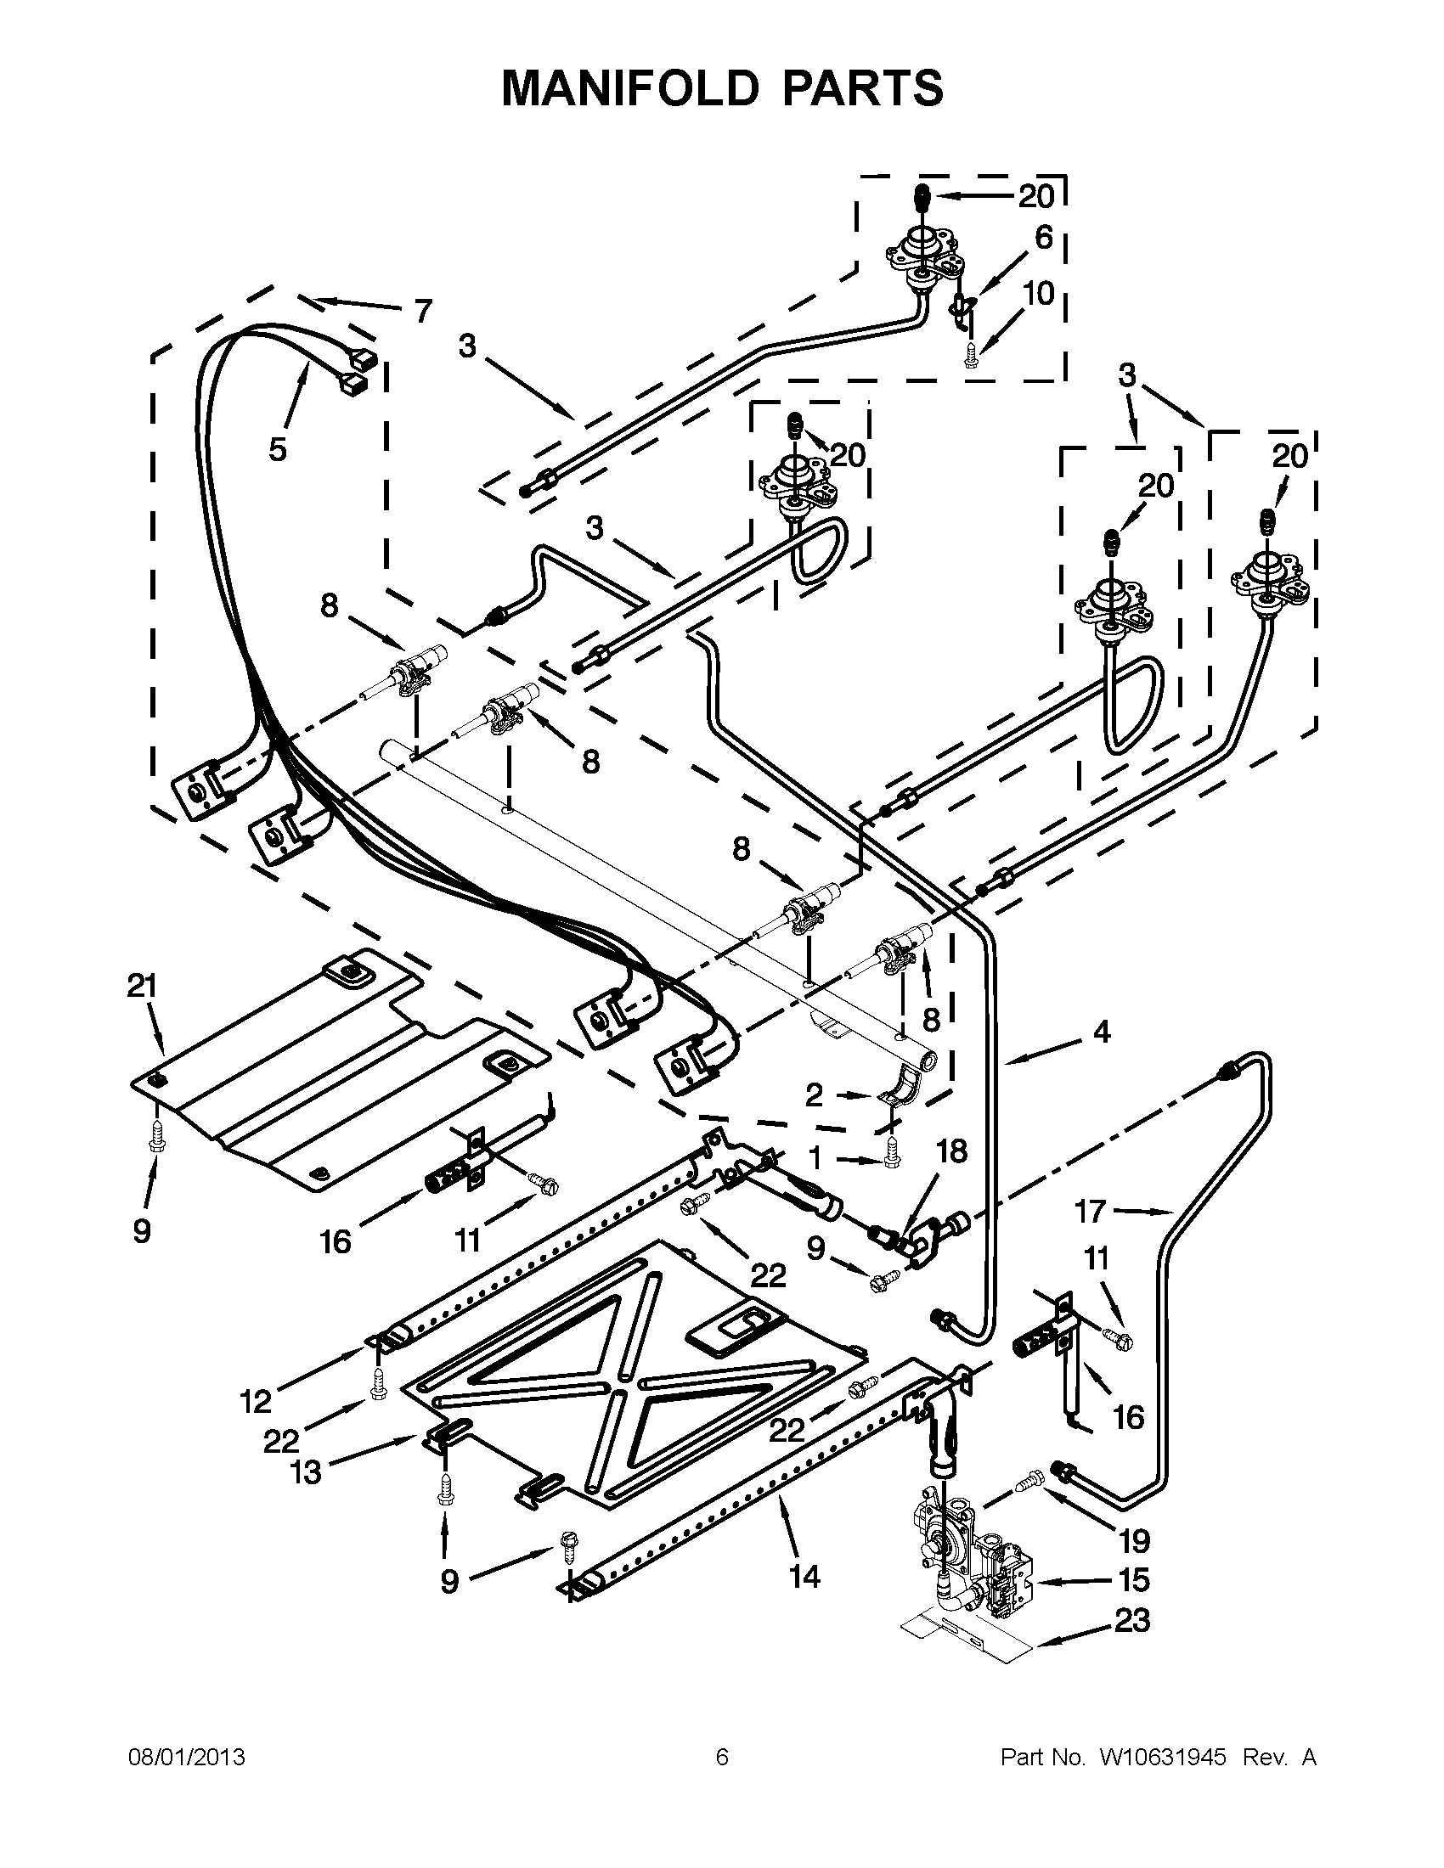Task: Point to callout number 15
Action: pyautogui.click(x=1133, y=1579)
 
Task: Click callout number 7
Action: pyautogui.click(x=424, y=311)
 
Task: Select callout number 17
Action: pyautogui.click(x=1091, y=1211)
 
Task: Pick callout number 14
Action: pyautogui.click(x=805, y=1575)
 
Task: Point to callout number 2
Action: pyautogui.click(x=815, y=1094)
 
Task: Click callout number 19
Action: pyautogui.click(x=1134, y=1541)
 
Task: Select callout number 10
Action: pyautogui.click(x=1039, y=294)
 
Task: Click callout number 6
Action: pyautogui.click(x=1043, y=237)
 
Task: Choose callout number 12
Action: pyautogui.click(x=256, y=1401)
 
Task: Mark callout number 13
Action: pyautogui.click(x=306, y=1472)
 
